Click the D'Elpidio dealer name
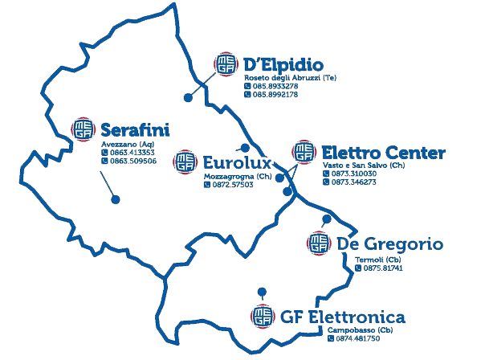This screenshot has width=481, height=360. [283, 65]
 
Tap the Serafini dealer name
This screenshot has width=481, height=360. [135, 130]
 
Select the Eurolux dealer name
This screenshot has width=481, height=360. [238, 162]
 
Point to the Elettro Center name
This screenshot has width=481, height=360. [384, 153]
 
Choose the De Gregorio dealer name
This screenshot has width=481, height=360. [390, 244]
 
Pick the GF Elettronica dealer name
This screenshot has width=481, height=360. [343, 317]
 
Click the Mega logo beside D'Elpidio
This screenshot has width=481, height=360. [226, 63]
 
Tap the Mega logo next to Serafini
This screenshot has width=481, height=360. [83, 129]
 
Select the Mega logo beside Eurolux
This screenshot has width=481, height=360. [185, 162]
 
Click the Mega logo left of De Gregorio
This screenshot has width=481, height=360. [319, 243]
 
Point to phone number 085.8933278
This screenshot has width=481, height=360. [275, 86]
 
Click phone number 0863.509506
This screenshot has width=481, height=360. [133, 161]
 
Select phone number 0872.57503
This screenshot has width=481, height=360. [233, 185]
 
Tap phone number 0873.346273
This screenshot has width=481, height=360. [353, 182]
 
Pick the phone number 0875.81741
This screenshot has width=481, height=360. [383, 268]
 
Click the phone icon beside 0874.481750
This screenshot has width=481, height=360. [331, 338]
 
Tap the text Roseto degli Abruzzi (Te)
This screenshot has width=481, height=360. [290, 78]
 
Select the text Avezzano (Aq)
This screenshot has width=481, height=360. [128, 145]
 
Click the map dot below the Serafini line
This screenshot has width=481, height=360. [116, 199]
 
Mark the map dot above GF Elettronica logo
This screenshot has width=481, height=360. [262, 292]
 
